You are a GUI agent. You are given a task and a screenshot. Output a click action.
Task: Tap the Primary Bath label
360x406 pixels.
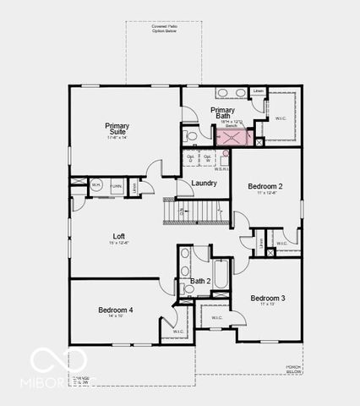click(x=223, y=113)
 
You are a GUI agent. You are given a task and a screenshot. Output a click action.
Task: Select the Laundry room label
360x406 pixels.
click(x=204, y=183)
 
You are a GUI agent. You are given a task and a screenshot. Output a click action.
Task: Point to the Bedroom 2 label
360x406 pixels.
click(x=265, y=186)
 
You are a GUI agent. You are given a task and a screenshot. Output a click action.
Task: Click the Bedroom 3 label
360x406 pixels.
click(x=267, y=298)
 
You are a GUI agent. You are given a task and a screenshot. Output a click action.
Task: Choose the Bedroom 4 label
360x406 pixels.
click(x=115, y=310)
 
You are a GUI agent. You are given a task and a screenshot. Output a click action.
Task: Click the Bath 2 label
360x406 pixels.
click(x=200, y=281)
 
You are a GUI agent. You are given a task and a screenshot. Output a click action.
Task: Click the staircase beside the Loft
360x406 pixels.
click(x=195, y=211)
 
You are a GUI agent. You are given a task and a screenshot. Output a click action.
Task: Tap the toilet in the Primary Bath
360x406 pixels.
click(x=191, y=134)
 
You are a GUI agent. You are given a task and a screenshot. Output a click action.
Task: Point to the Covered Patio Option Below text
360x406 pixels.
click(x=164, y=30)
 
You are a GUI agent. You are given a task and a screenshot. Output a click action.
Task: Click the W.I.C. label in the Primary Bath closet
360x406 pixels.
click(x=281, y=118)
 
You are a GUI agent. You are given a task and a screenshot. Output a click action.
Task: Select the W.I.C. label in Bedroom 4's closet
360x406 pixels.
click(x=178, y=331)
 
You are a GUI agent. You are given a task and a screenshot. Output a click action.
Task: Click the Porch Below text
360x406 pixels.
click(x=294, y=370)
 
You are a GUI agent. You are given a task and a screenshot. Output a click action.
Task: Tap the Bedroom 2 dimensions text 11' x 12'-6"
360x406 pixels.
click(x=265, y=194)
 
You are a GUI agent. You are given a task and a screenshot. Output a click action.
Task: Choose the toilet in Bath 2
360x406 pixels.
click(x=187, y=288)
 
